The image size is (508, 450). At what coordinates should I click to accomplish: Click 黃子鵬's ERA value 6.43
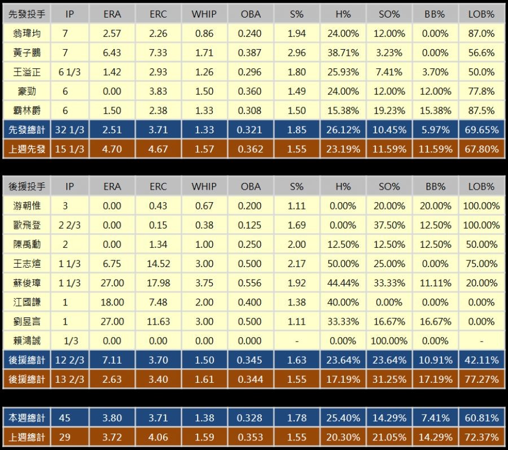pos(112,53)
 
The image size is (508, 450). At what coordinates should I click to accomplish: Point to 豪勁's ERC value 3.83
pos(158,91)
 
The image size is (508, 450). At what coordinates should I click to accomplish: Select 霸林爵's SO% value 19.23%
pos(389,110)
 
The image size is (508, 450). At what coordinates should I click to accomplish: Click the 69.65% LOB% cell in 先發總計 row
pos(483,130)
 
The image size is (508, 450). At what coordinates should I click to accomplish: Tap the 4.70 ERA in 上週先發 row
pos(112,149)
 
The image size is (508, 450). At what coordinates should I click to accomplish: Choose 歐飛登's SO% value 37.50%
pos(389,225)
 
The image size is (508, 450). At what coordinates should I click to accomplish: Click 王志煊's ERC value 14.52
pos(158,263)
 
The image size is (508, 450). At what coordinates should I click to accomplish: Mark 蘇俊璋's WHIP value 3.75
pos(204,283)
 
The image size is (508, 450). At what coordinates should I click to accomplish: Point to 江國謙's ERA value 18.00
pos(112,302)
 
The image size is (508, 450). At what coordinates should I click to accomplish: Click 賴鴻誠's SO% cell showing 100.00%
pos(389,340)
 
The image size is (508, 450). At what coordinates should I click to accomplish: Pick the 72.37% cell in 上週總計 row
pos(483,437)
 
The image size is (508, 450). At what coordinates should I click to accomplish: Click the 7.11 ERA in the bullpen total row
pos(112,360)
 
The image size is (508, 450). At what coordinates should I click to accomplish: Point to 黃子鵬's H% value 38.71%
pos(343,53)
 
